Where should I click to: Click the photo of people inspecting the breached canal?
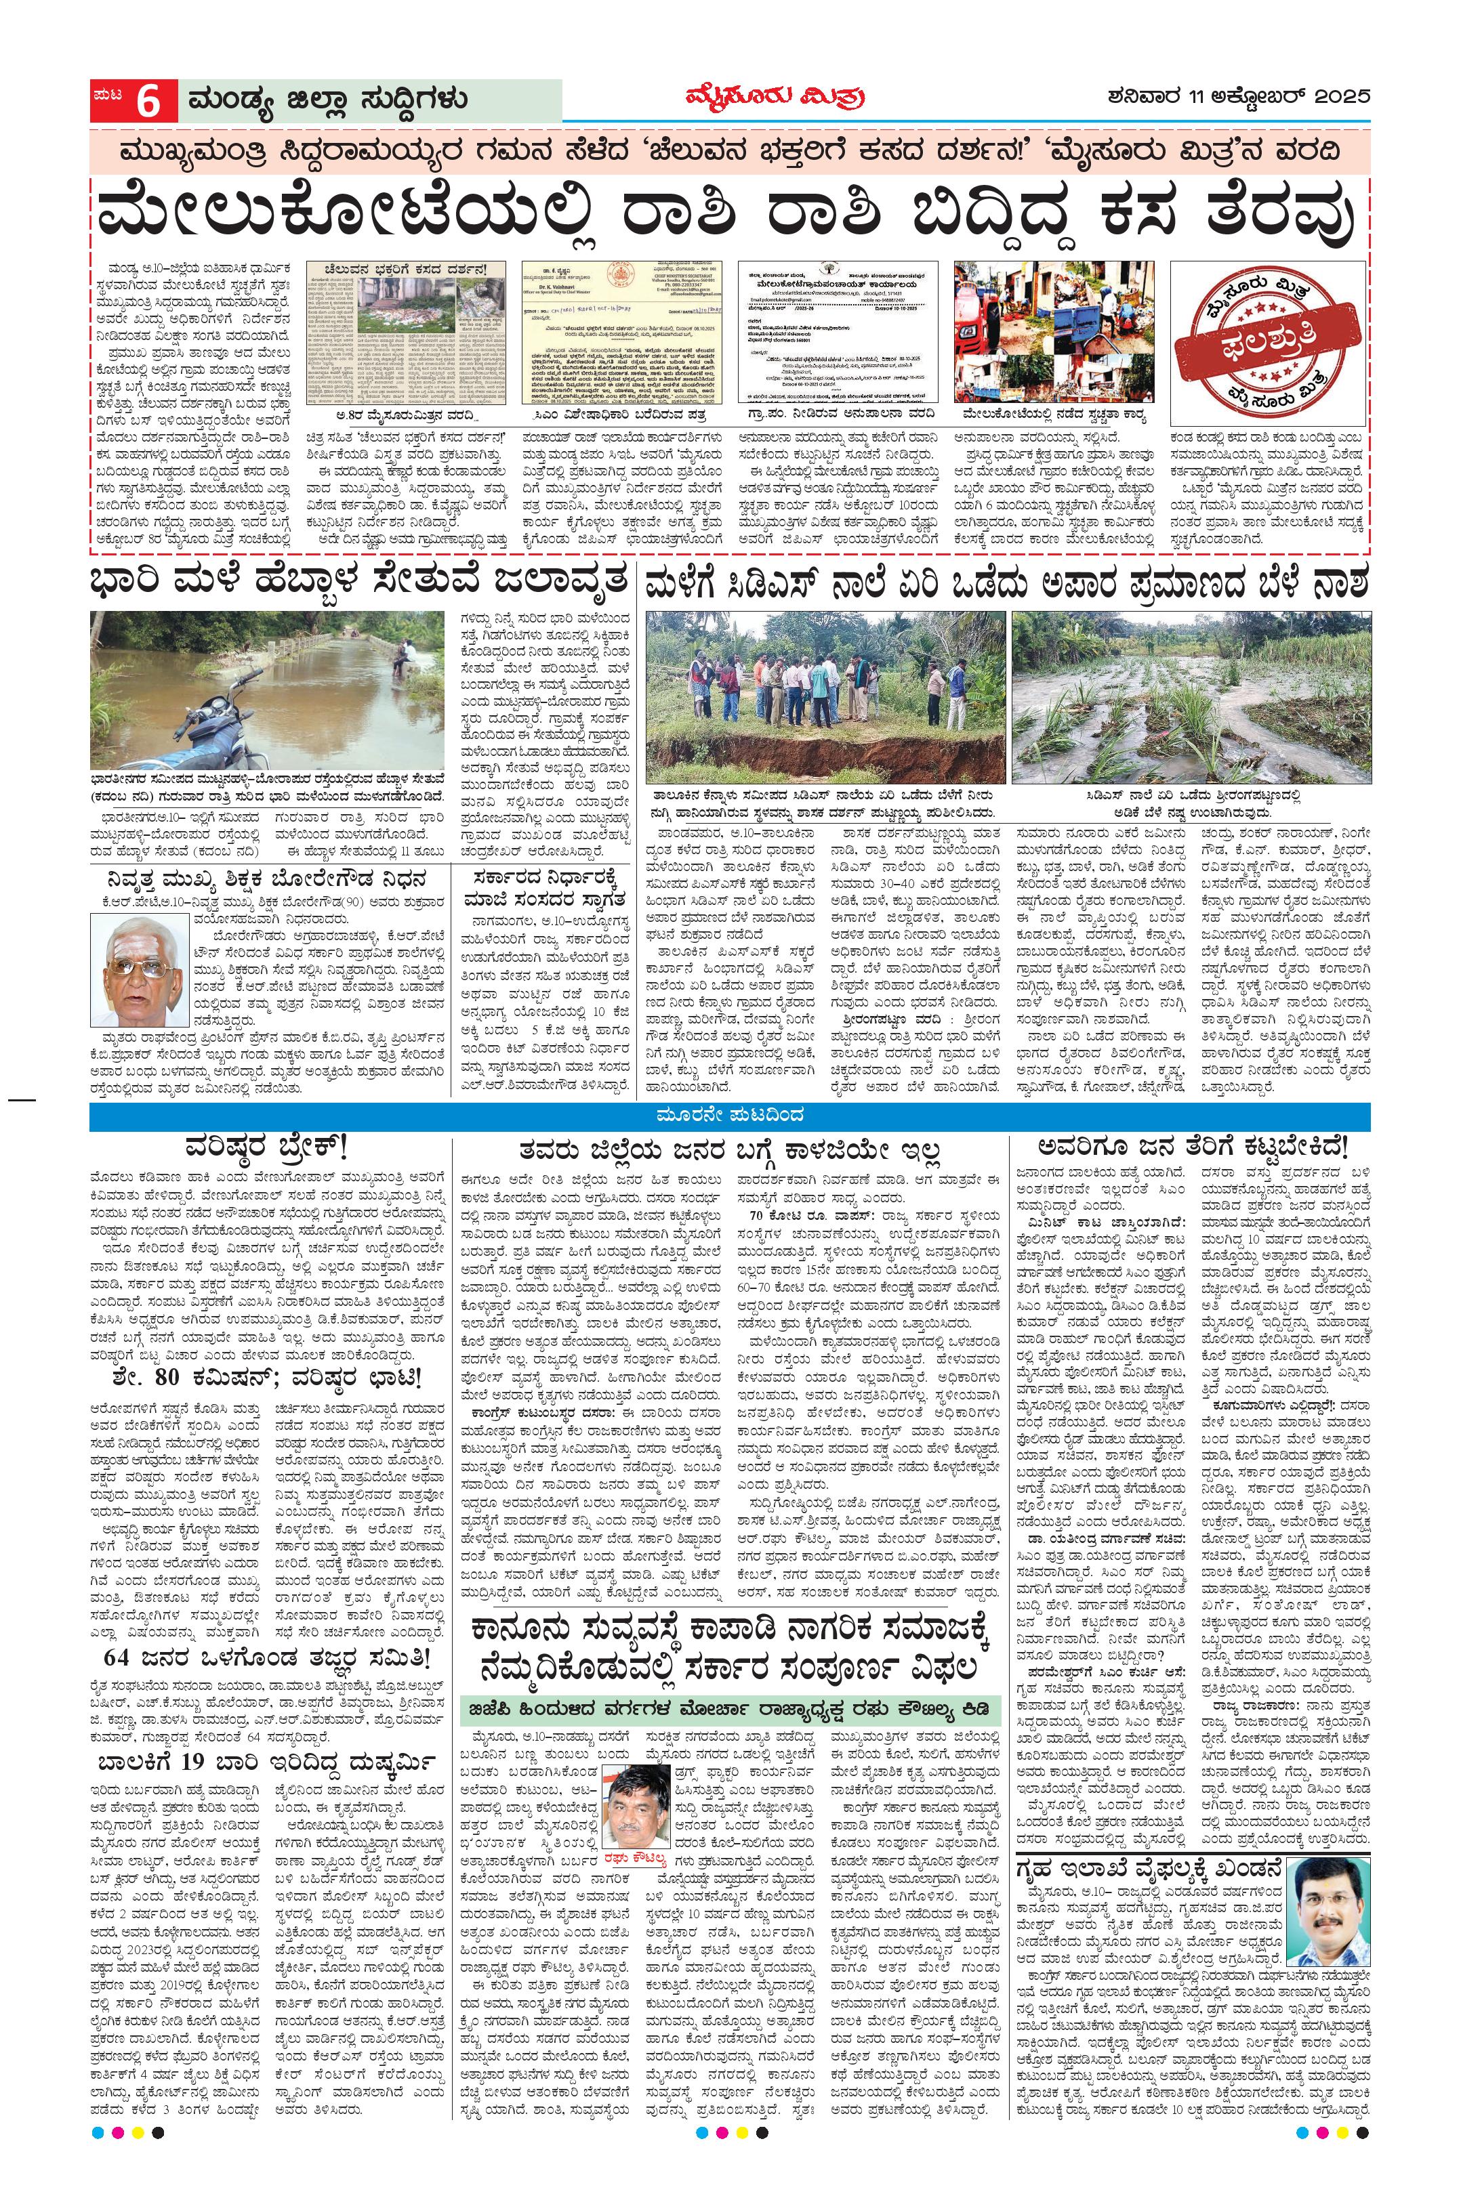(x=825, y=697)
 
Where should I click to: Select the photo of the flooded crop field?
(x=1191, y=697)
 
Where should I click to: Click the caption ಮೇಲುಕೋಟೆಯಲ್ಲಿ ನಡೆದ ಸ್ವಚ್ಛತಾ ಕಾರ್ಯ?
(x=1054, y=415)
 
